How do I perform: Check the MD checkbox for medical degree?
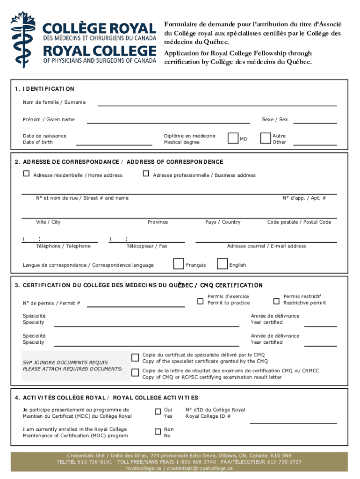[233, 138]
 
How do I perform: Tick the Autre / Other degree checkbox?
[266, 138]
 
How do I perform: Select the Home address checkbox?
[27, 174]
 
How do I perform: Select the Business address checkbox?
[146, 174]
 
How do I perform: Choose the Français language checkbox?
[178, 264]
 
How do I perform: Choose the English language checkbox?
[222, 264]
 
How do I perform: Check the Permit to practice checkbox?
[201, 301]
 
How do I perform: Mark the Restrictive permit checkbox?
[276, 301]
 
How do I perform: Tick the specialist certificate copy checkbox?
[135, 358]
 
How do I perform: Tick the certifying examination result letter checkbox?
[135, 373]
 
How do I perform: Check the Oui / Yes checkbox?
[158, 412]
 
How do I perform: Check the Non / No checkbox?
[158, 431]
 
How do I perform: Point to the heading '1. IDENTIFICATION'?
[44, 89]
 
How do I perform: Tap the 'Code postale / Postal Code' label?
[299, 222]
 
